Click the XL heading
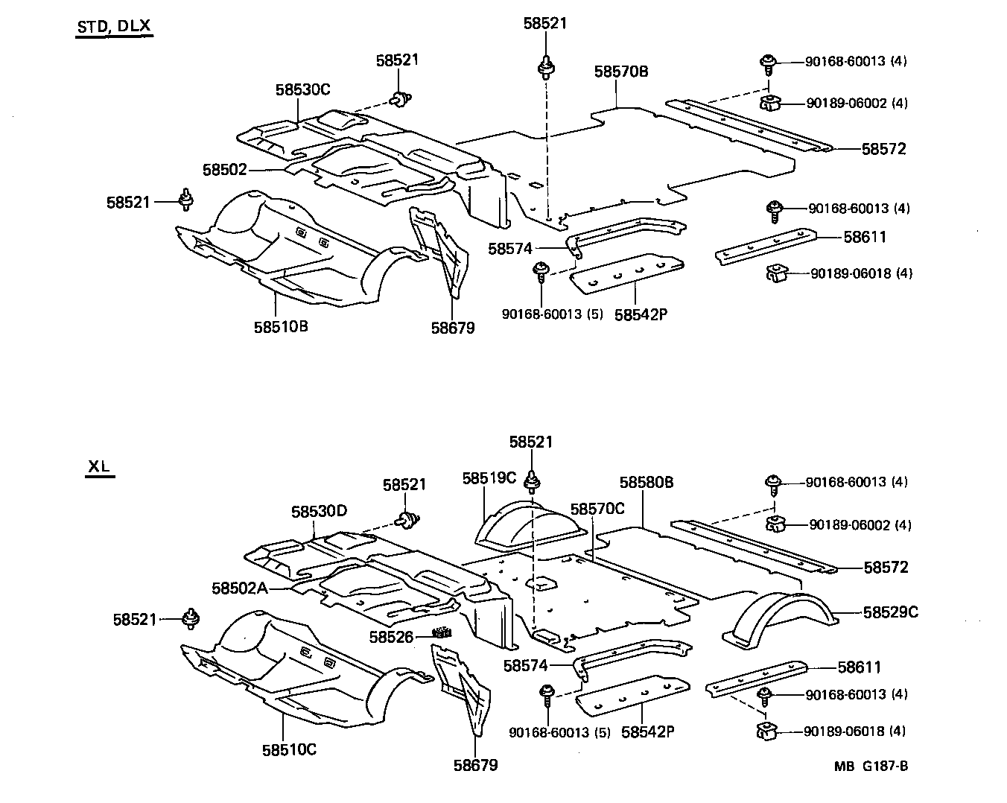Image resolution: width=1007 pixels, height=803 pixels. (x=99, y=467)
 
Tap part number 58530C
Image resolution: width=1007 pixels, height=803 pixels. (x=302, y=89)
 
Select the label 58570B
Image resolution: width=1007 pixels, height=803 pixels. (x=621, y=72)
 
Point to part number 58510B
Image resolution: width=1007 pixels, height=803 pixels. (x=281, y=326)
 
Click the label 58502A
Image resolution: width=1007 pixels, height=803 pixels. (x=239, y=588)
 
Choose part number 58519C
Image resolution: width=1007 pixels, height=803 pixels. (x=489, y=477)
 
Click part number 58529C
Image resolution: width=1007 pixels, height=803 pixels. (x=891, y=612)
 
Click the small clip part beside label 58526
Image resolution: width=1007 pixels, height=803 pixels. (x=443, y=633)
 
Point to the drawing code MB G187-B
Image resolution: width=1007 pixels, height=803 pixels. (x=871, y=766)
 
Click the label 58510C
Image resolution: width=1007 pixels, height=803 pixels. (x=289, y=749)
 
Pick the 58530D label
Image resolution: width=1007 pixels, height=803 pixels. (x=319, y=511)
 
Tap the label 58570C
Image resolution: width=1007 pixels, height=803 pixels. (x=597, y=509)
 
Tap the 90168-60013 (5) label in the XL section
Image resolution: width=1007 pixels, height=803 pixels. (x=559, y=733)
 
